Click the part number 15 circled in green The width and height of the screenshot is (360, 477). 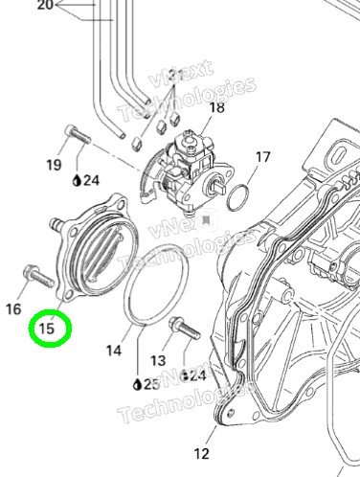point(46,328)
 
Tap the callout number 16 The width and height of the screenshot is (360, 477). point(13,309)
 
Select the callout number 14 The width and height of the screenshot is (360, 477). point(114,351)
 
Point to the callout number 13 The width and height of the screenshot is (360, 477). point(158,361)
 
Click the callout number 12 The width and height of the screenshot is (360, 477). point(201,453)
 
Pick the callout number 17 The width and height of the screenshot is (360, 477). point(263,157)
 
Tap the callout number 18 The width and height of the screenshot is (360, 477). point(217,107)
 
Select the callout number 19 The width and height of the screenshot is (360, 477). point(54,165)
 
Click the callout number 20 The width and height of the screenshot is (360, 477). point(45,5)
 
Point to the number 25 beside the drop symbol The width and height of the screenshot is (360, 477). point(151,385)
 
